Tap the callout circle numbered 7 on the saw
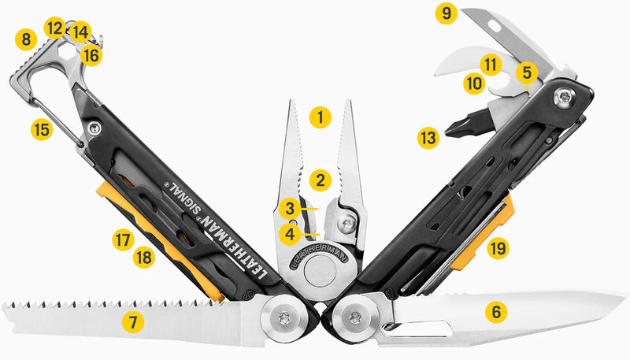132,321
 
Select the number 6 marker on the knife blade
495,312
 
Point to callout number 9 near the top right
447,13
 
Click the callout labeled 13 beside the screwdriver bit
428,139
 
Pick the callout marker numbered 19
497,249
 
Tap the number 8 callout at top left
27,38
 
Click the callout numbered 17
121,240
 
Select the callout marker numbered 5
528,72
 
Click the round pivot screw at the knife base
352,317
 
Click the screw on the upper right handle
566,98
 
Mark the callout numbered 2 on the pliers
319,180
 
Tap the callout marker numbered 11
492,63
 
